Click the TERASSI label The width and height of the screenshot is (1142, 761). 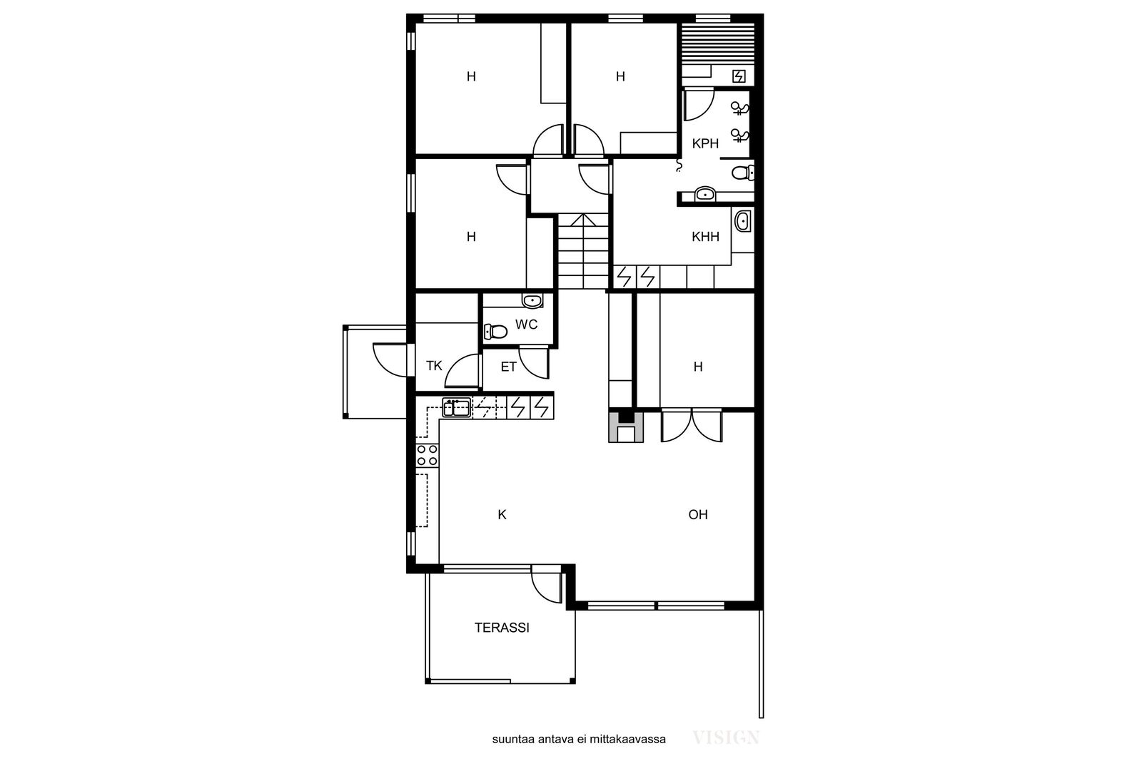[x=502, y=628]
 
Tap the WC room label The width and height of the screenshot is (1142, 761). [x=526, y=325]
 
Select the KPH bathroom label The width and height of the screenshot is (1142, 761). [x=705, y=143]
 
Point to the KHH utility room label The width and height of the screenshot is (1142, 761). [x=705, y=237]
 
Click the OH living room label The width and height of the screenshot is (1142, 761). [x=698, y=514]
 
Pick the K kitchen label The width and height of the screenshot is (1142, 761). [x=502, y=515]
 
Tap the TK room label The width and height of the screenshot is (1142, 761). [x=434, y=366]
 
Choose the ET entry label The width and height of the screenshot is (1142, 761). [x=508, y=367]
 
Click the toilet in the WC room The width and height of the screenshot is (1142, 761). [x=495, y=332]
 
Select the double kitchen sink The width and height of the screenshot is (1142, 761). [x=456, y=408]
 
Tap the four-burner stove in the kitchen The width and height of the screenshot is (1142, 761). [x=428, y=455]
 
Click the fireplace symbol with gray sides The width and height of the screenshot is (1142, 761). [x=625, y=427]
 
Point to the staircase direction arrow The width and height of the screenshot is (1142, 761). [x=583, y=220]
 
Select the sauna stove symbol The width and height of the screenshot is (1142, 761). [x=739, y=76]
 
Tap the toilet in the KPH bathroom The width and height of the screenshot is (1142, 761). [x=743, y=173]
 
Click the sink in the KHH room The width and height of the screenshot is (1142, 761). [x=742, y=222]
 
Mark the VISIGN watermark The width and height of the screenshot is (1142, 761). [x=726, y=737]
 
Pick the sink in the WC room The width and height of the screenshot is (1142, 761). [x=532, y=301]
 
